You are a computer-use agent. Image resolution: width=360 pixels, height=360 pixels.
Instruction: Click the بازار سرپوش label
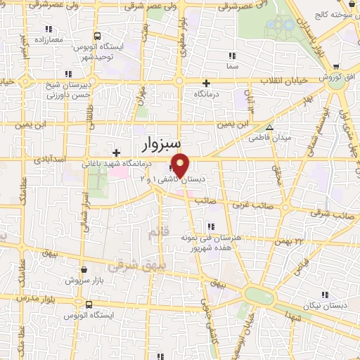(84, 279)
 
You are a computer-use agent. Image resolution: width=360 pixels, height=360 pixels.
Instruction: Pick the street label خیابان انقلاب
(284, 80)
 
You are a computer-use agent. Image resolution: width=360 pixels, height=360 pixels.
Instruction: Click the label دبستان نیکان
(323, 306)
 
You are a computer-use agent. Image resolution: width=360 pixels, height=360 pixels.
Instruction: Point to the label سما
(233, 66)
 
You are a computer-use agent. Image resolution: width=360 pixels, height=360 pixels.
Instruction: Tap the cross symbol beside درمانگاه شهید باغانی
(116, 153)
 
